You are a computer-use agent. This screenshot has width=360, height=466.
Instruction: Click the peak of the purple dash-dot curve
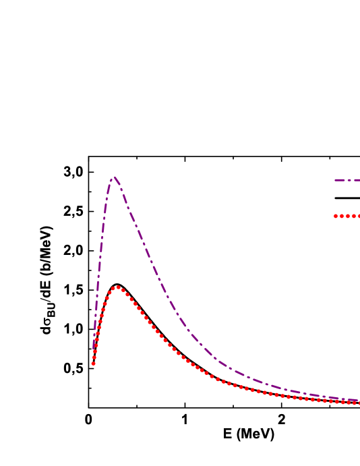[114, 177]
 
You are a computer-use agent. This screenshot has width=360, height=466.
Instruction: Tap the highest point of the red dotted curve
[118, 287]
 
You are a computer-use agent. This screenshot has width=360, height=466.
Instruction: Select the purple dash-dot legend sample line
[347, 180]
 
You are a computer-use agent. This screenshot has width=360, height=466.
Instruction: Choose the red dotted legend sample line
[347, 216]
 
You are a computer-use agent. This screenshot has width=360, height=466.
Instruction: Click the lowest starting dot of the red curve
[93, 363]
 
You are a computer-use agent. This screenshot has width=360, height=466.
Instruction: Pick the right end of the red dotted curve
[357, 403]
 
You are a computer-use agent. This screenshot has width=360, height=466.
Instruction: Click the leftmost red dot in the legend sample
[336, 216]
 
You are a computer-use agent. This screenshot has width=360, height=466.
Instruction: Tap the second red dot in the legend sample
[341, 216]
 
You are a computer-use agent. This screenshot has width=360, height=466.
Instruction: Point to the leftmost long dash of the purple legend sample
[339, 180]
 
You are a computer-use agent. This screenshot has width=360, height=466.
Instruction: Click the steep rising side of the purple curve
[101, 243]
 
